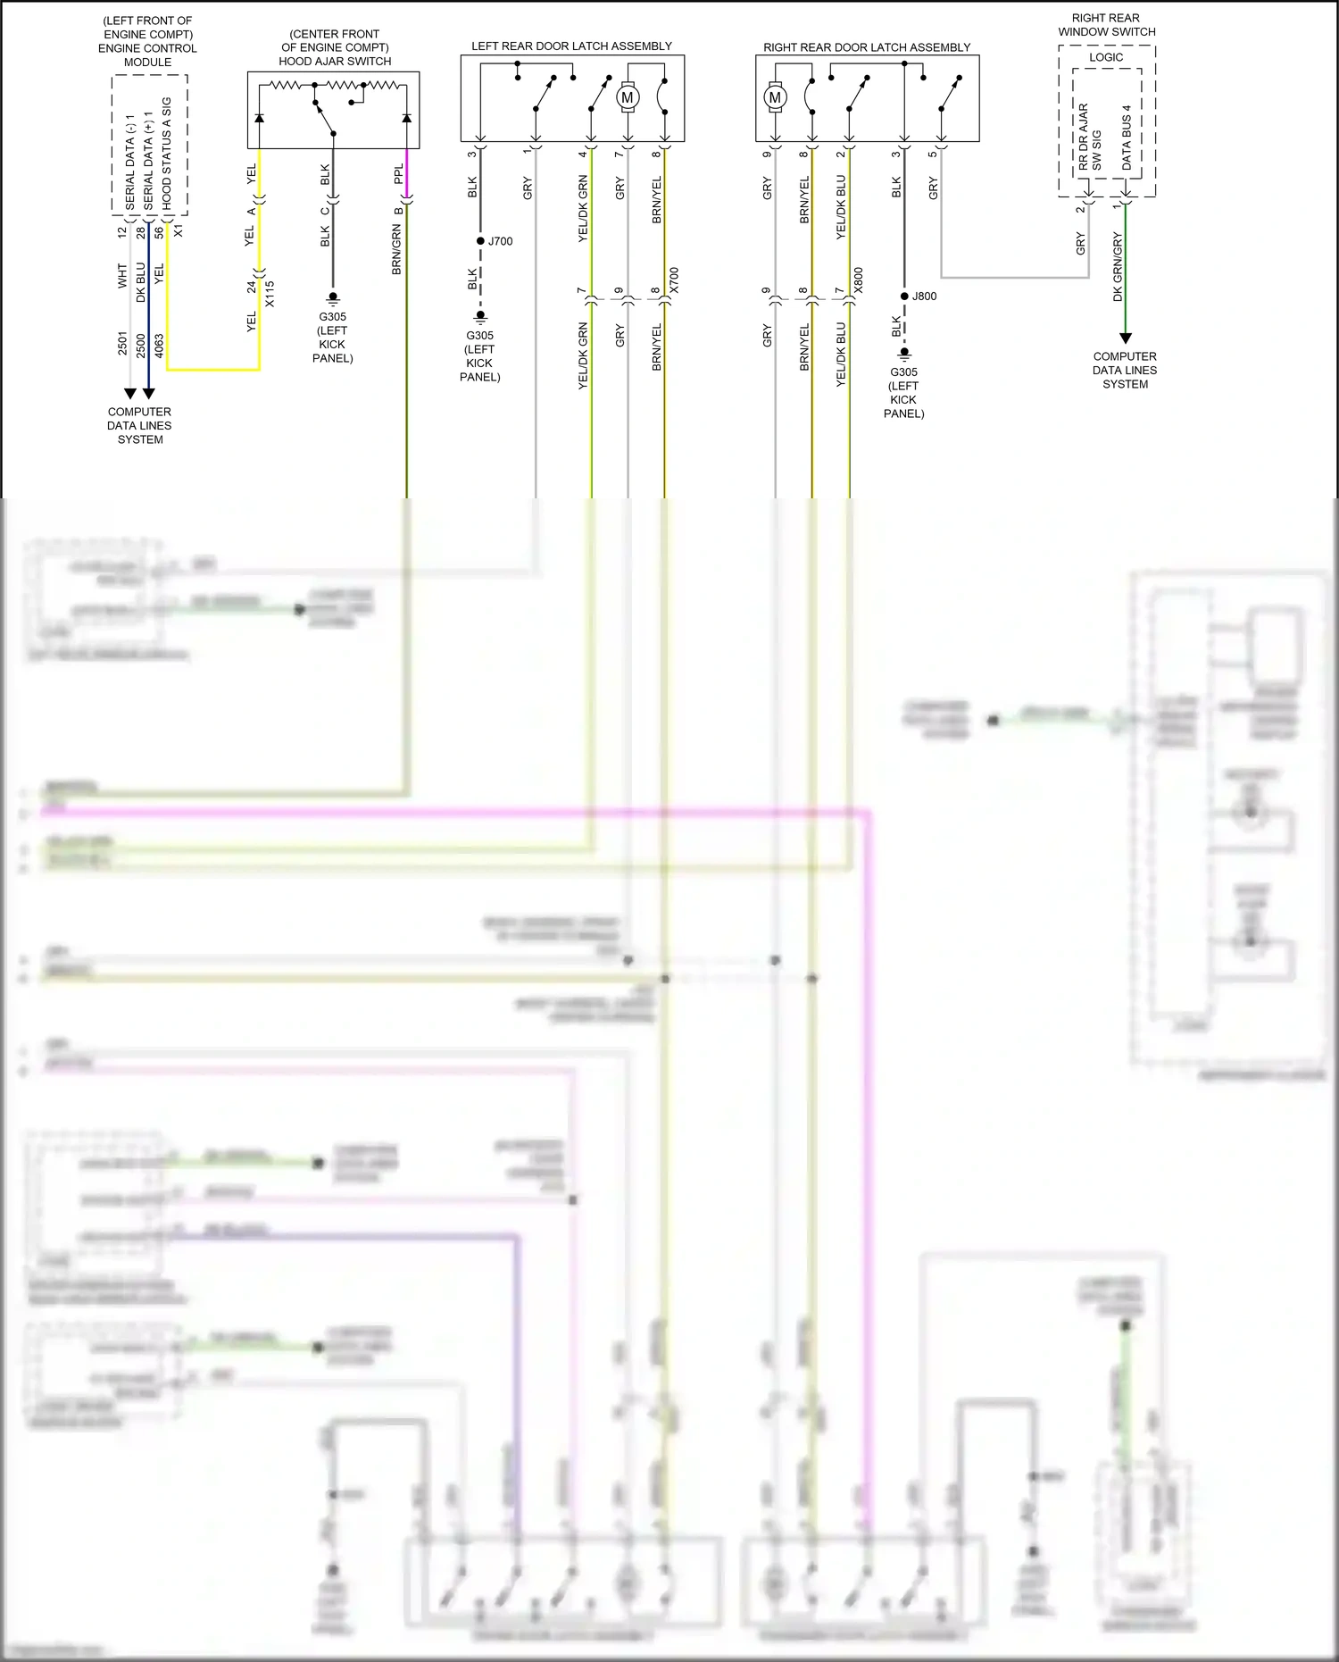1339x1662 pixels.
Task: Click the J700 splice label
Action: click(x=500, y=241)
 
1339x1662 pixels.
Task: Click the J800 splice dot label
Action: click(x=925, y=296)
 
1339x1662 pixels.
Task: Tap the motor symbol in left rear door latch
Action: click(x=627, y=97)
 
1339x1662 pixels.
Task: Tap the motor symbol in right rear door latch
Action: click(x=775, y=97)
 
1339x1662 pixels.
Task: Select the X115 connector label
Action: click(x=270, y=294)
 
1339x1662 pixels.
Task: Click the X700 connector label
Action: click(x=674, y=280)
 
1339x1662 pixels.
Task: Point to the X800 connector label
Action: click(x=858, y=280)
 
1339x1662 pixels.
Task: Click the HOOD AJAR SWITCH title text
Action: click(x=335, y=62)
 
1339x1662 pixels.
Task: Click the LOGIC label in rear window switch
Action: click(x=1106, y=57)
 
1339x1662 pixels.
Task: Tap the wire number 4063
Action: click(x=159, y=346)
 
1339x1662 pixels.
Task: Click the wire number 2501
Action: click(x=122, y=343)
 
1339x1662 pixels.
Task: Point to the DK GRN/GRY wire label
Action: click(x=1118, y=266)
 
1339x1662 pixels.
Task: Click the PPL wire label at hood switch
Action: click(x=398, y=174)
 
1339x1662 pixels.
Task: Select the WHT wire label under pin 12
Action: click(x=122, y=275)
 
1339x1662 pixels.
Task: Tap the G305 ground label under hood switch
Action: click(x=332, y=317)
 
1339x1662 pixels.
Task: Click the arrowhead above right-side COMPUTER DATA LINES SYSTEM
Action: click(x=1126, y=338)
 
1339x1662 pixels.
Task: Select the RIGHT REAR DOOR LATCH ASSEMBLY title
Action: click(x=866, y=47)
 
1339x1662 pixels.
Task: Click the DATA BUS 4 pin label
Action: click(x=1127, y=138)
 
